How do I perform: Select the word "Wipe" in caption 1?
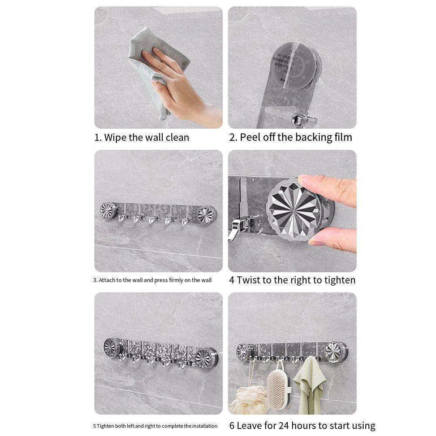tap(116, 137)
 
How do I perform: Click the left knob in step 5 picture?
tap(112, 347)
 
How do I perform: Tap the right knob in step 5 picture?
tap(204, 357)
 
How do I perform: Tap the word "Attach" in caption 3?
tap(107, 280)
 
